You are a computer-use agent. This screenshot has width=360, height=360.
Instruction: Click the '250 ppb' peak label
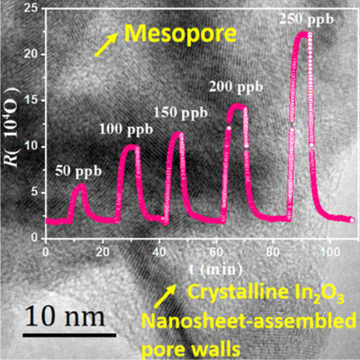point(306,20)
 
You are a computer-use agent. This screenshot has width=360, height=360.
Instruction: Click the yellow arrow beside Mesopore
point(105,45)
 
